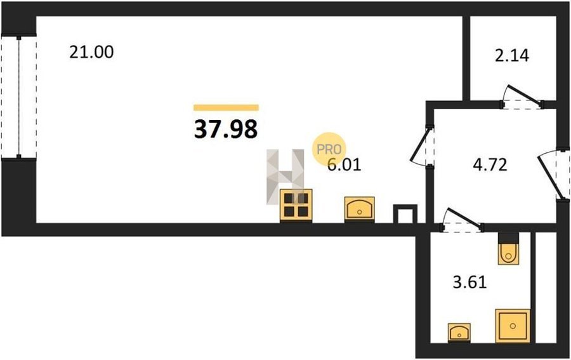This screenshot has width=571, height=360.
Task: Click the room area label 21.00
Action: point(91,52)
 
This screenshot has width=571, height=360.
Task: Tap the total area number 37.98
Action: point(226,130)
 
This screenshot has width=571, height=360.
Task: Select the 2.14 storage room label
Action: point(511,55)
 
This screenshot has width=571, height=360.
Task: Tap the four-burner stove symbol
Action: point(296,206)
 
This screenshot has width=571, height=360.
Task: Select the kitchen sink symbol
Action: point(360,208)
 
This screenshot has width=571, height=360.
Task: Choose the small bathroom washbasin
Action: point(458,331)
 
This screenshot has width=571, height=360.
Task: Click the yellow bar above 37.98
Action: point(226,107)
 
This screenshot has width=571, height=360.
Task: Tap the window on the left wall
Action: point(18,97)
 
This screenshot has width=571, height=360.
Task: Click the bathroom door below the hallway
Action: point(463,220)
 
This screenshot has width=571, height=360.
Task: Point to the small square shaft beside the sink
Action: point(405,213)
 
